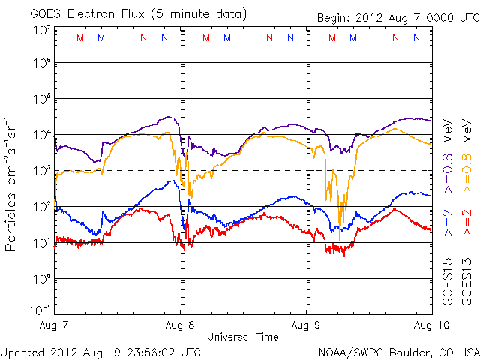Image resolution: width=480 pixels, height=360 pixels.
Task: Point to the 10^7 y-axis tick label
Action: (x=42, y=30)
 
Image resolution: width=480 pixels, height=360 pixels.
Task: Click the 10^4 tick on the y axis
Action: (x=42, y=134)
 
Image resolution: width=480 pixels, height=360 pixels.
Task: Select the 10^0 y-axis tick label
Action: (x=42, y=278)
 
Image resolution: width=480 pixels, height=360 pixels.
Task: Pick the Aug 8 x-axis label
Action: (x=181, y=325)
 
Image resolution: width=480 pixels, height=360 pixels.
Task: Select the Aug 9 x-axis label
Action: (x=306, y=325)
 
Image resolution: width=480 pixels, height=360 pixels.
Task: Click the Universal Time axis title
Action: (x=242, y=337)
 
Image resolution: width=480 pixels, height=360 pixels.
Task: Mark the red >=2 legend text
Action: (x=466, y=223)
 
